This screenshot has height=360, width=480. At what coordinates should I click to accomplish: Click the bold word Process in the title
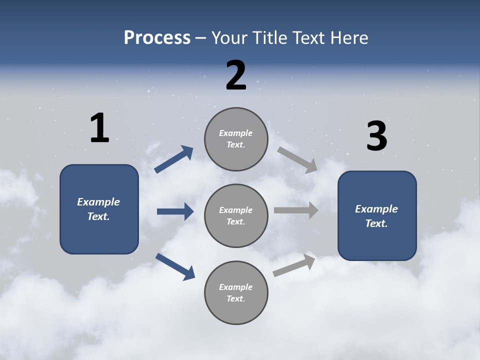[157, 38]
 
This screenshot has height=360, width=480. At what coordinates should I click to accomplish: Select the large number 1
[99, 128]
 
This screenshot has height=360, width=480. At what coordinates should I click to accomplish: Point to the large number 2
[236, 75]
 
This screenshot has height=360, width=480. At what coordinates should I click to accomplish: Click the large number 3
[376, 136]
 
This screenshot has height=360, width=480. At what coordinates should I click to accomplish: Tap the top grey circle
[236, 139]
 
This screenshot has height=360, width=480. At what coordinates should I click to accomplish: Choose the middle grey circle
[236, 216]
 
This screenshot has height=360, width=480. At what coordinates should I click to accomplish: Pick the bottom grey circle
[236, 293]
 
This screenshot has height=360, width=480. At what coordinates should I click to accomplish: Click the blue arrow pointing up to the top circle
[174, 159]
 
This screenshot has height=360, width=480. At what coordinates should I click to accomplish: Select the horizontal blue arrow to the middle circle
[175, 211]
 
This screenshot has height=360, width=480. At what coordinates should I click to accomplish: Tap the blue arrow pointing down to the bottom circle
[175, 266]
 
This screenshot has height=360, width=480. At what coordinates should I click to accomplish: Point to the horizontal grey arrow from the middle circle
[295, 210]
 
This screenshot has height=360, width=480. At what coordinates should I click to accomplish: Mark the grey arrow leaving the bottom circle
[294, 265]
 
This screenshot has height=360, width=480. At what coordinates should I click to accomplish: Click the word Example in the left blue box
[98, 202]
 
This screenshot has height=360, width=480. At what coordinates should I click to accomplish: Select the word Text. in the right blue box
[376, 223]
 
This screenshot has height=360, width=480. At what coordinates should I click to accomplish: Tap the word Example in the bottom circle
[236, 287]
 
